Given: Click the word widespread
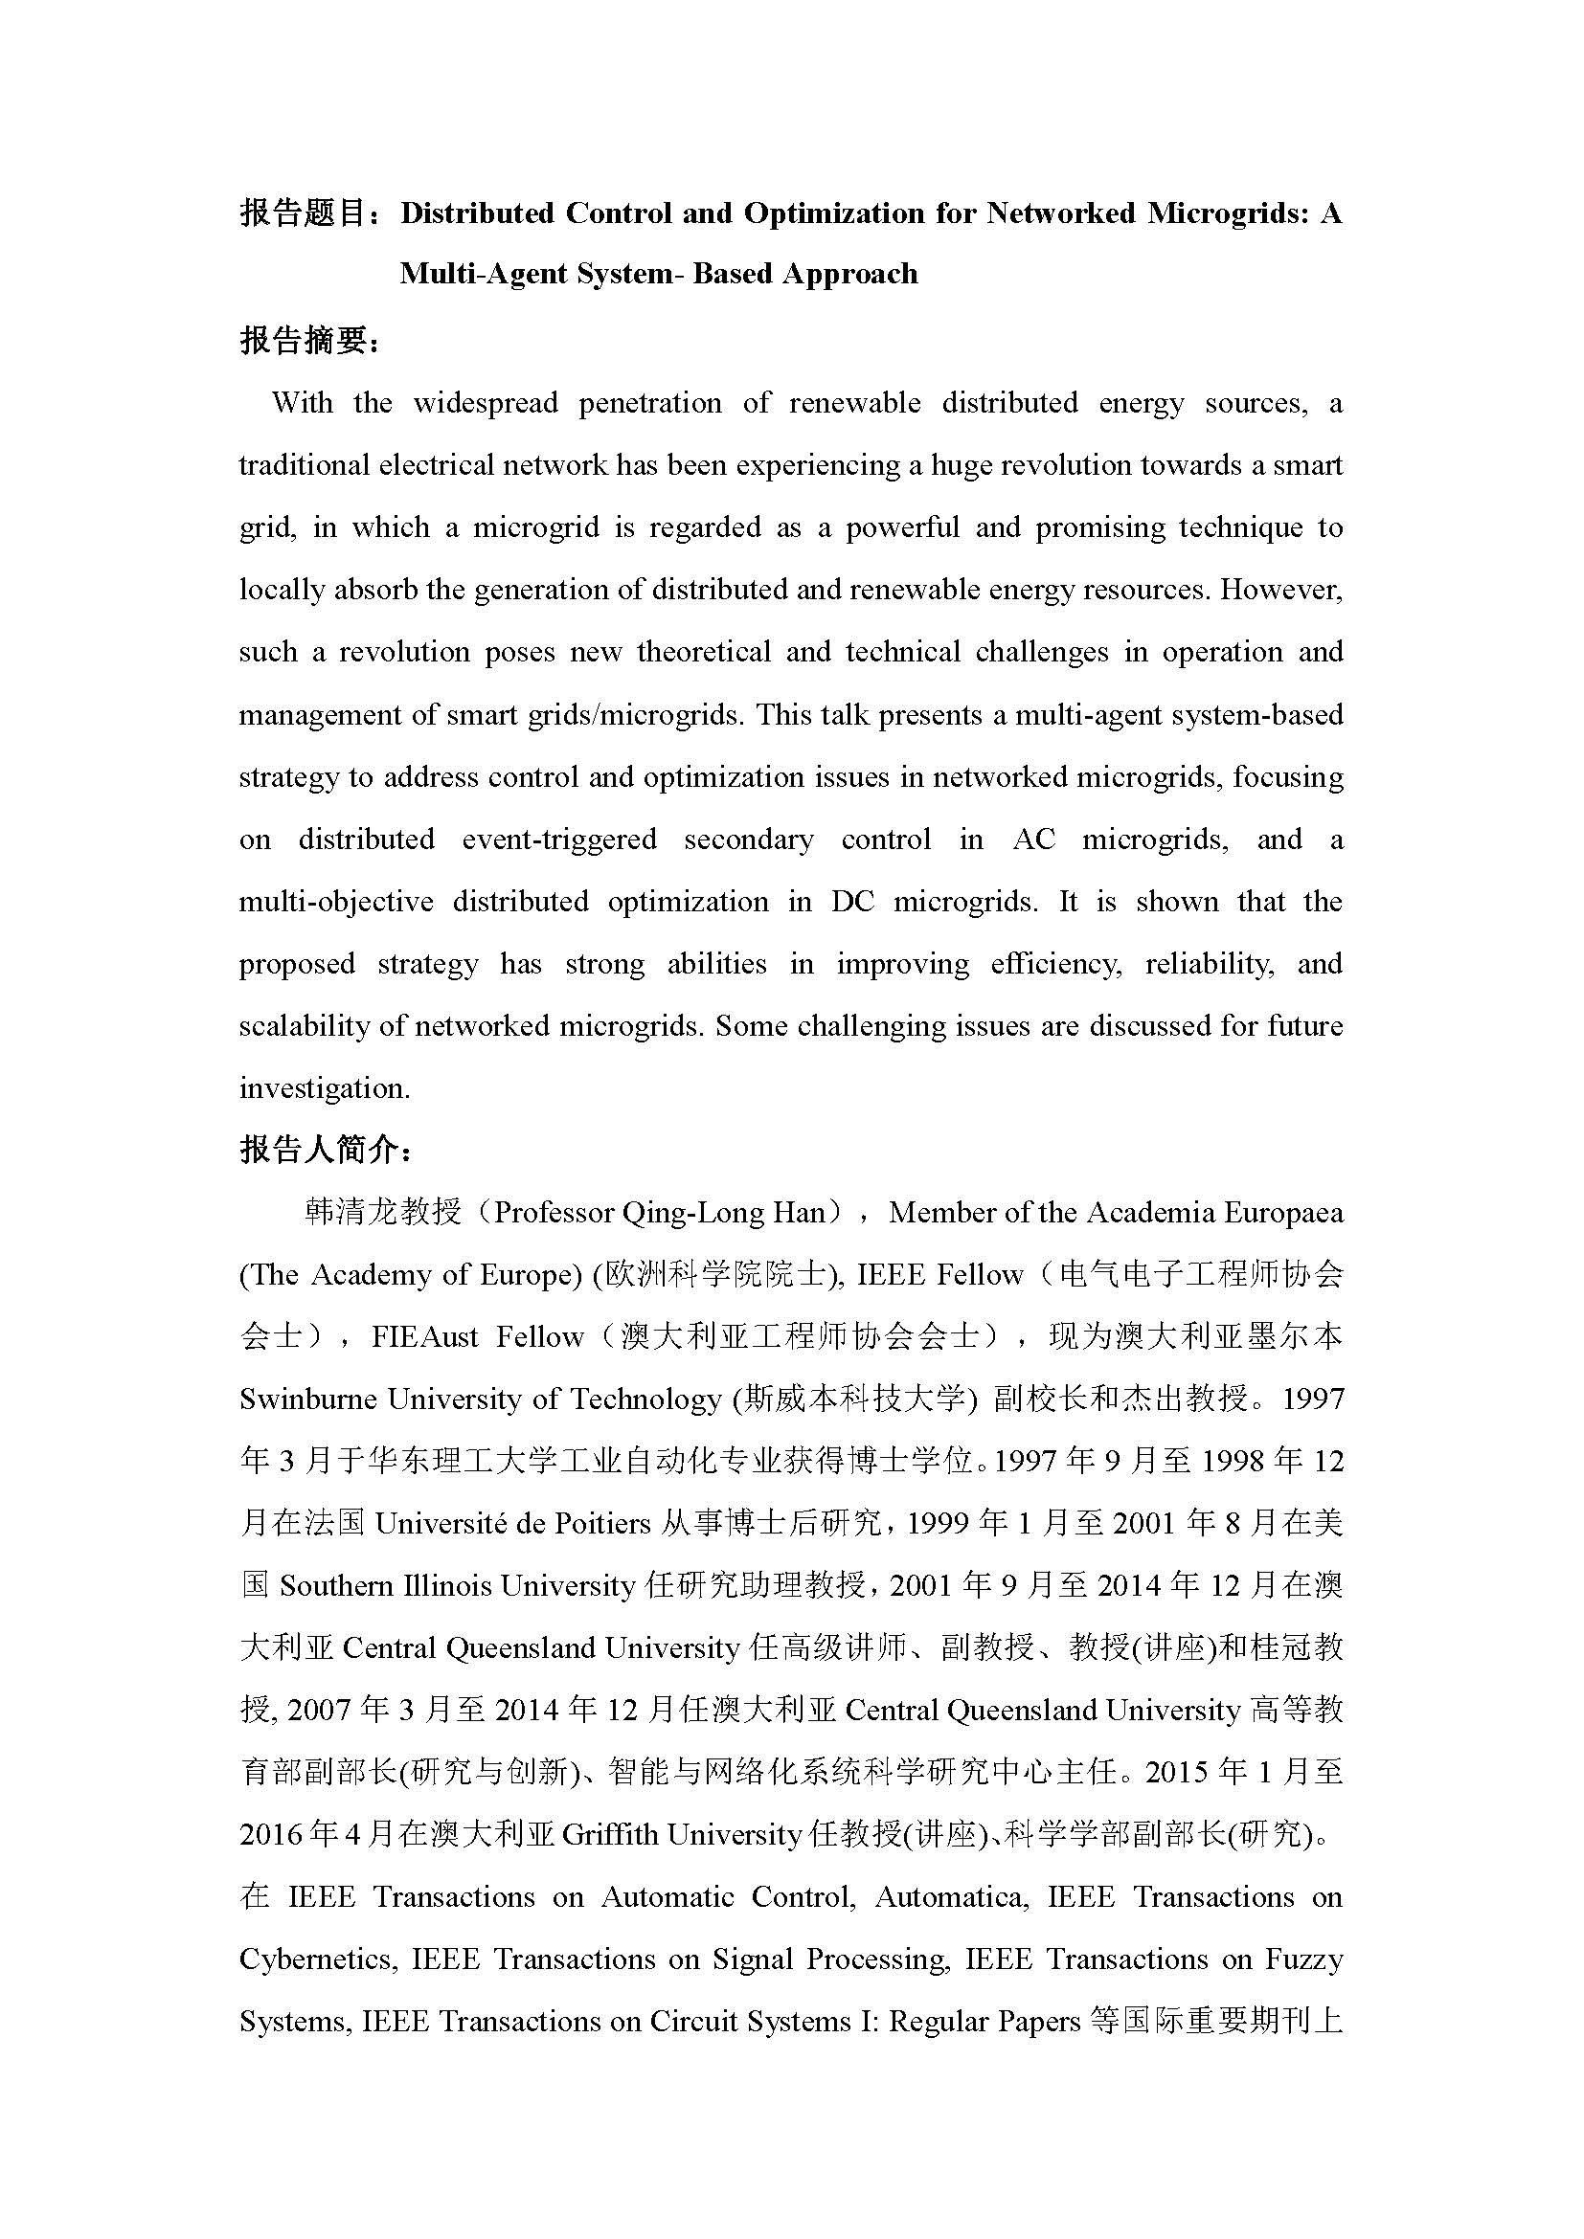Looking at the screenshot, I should point(485,403).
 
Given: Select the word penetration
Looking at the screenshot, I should point(649,403).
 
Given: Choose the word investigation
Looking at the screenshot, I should point(323,1089).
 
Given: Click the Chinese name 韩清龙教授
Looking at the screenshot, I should point(382,1213).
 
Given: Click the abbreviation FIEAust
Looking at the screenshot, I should point(424,1338).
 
